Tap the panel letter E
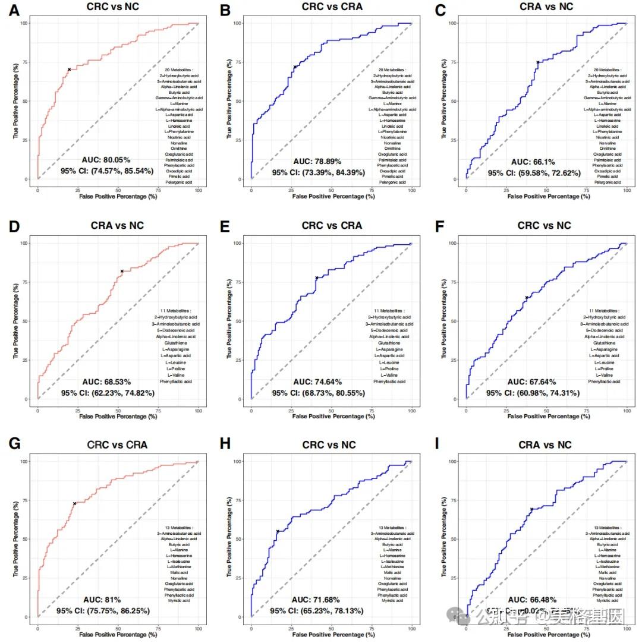(x=226, y=227)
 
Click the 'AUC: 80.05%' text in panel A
(x=105, y=160)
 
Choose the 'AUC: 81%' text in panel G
(x=102, y=600)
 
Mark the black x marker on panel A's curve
(x=69, y=70)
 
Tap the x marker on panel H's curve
(x=278, y=531)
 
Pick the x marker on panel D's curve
(x=122, y=271)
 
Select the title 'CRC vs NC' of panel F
(x=544, y=226)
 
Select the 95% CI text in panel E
(x=319, y=393)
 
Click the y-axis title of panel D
(x=16, y=321)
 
